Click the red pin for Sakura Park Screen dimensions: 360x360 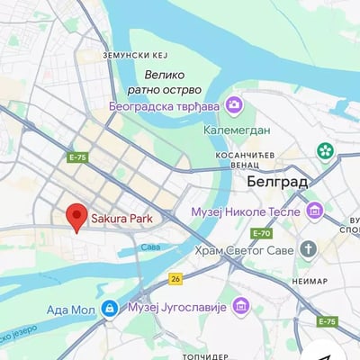tap(76, 216)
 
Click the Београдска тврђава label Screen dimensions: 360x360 tap(165, 106)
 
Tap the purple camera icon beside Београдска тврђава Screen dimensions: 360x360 tap(235, 106)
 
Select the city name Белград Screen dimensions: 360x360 tap(276, 182)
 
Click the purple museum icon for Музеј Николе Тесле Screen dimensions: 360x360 tap(314, 211)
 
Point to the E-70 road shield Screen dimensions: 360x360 tap(262, 233)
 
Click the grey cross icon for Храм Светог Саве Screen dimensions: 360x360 tap(309, 249)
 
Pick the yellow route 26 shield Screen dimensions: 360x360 tap(175, 278)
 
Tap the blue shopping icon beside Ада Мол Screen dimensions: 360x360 tap(109, 310)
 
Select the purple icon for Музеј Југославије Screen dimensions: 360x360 tap(240, 307)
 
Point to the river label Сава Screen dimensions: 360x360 tap(150, 247)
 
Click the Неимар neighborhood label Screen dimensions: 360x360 tap(310, 281)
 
